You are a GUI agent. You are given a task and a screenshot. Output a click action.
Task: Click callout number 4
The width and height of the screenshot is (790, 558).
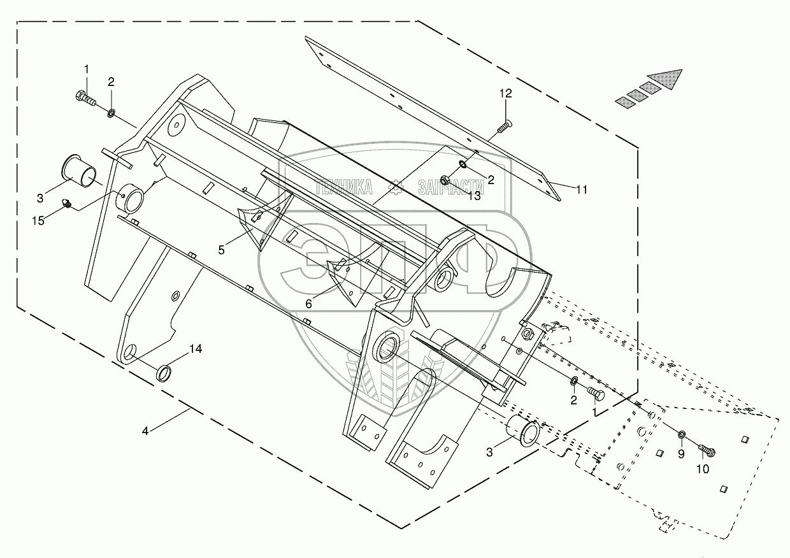click(145, 431)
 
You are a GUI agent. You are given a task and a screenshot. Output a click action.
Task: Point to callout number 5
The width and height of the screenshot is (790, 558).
click(221, 250)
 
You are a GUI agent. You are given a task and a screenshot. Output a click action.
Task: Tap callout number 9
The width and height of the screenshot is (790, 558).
click(681, 454)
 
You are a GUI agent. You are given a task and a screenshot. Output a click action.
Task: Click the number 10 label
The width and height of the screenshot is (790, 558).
click(701, 469)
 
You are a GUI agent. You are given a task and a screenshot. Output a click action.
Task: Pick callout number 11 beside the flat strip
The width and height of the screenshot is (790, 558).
click(582, 189)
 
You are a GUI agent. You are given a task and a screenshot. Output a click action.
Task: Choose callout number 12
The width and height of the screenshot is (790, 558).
click(505, 94)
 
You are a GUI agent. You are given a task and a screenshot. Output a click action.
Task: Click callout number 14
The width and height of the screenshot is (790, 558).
click(195, 348)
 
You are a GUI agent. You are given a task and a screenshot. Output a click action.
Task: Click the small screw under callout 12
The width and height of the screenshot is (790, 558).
click(503, 129)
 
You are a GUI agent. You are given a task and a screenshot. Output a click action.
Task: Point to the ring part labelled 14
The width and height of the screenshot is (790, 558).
click(164, 373)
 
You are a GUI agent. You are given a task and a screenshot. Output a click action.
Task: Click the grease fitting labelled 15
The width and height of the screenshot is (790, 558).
click(66, 204)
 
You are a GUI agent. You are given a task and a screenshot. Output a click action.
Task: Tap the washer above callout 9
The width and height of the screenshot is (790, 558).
click(681, 435)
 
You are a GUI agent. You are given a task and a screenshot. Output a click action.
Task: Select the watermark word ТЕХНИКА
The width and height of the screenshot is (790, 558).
click(345, 186)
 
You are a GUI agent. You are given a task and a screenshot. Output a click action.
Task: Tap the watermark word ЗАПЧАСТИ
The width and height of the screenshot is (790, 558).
click(452, 186)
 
